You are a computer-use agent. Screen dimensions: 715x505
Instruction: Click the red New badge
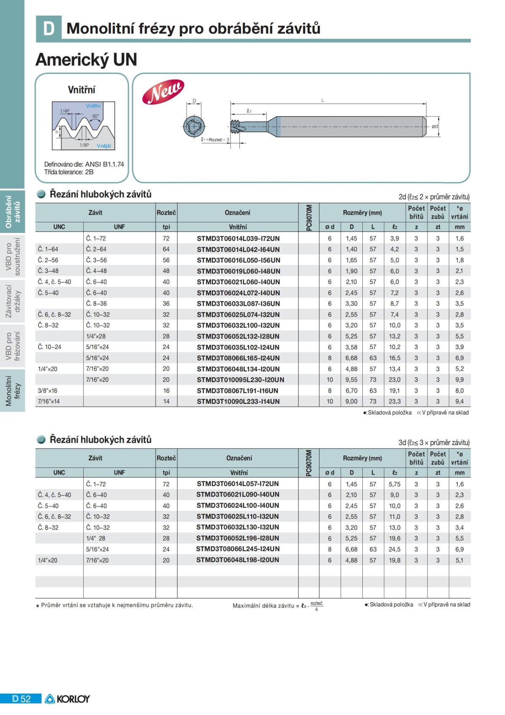[x=163, y=92]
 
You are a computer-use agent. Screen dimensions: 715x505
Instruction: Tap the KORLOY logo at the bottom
[x=67, y=699]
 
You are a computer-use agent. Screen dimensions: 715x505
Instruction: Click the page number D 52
[x=21, y=699]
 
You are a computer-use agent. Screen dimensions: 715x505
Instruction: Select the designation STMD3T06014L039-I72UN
[x=238, y=238]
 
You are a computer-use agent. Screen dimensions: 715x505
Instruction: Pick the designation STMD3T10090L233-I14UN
[x=238, y=401]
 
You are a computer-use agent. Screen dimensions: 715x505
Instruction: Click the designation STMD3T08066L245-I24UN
[x=238, y=549]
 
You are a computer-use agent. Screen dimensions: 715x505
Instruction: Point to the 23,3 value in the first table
[x=394, y=401]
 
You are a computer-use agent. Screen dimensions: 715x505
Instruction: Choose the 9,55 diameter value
[x=351, y=379]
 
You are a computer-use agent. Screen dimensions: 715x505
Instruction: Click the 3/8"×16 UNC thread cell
[x=48, y=390]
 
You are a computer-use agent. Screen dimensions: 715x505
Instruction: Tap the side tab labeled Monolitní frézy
[x=13, y=390]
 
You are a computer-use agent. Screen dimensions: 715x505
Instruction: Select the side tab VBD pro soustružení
[x=13, y=257]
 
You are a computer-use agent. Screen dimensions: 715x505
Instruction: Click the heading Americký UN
[x=86, y=59]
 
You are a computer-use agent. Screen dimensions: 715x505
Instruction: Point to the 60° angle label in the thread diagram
[x=96, y=116]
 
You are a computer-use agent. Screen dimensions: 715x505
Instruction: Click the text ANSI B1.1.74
[x=104, y=164]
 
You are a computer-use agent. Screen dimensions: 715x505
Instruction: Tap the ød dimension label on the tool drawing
[x=435, y=126]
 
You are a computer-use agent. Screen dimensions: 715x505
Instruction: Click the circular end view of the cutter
[x=194, y=126]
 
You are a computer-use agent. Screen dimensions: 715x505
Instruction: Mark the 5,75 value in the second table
[x=394, y=484]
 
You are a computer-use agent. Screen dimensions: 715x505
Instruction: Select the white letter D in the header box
[x=49, y=29]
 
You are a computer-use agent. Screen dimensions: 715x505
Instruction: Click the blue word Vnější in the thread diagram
[x=104, y=146]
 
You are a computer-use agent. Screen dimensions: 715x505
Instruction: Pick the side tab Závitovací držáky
[x=13, y=301]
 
